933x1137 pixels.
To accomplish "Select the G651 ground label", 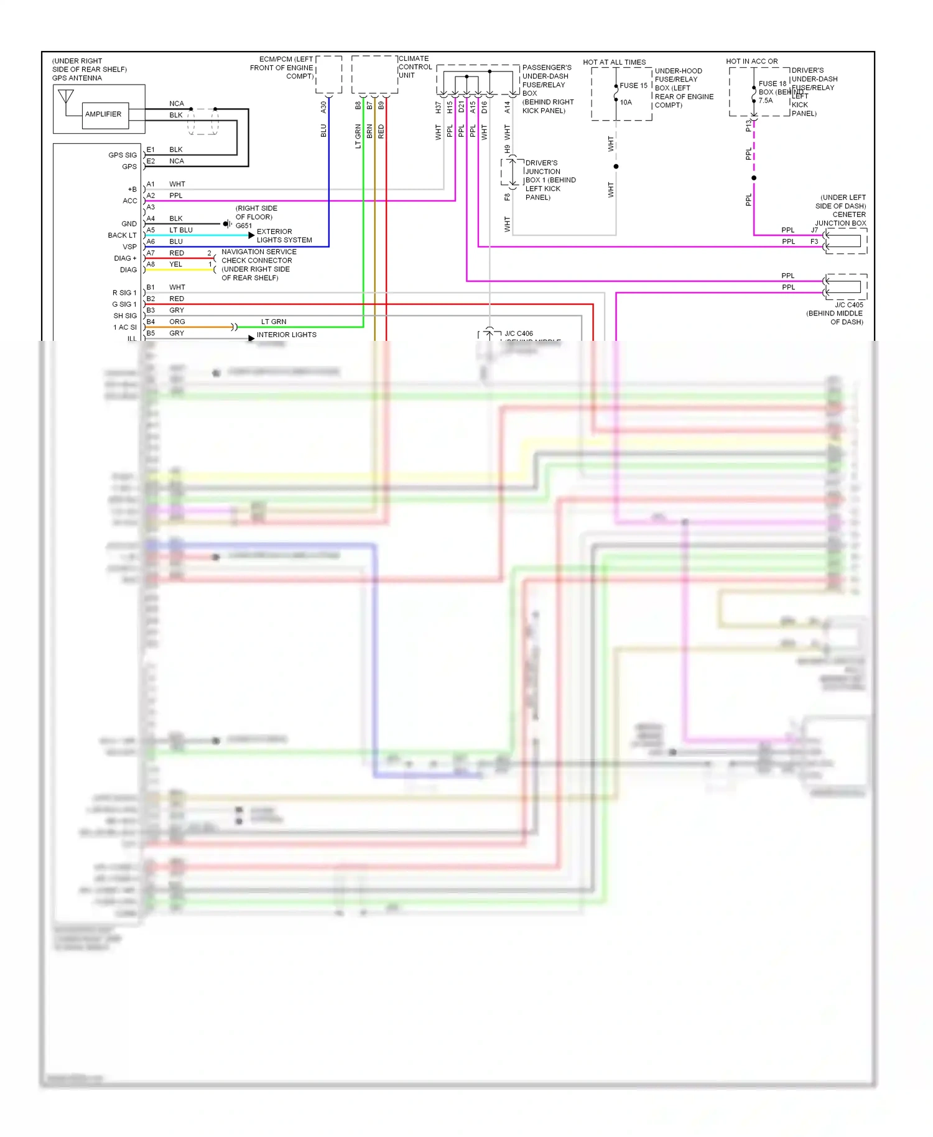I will pos(244,226).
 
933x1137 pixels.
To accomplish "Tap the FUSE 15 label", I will pos(633,86).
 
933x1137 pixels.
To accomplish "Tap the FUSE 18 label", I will pos(772,84).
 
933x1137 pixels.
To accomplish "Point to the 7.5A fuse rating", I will pos(766,101).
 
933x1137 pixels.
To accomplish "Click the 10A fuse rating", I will pos(626,103).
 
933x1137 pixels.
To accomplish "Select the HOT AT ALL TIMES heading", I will pos(614,62).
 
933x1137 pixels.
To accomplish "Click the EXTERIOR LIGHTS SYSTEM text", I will pos(284,236).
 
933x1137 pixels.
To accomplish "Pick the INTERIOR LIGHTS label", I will pos(286,335).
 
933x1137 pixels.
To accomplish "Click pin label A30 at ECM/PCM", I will pos(323,107).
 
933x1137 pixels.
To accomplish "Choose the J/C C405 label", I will pos(849,305).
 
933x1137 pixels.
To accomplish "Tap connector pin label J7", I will pos(814,230).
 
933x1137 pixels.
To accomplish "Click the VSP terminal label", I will pos(129,247).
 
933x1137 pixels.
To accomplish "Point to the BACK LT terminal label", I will pos(122,235).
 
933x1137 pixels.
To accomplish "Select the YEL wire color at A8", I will pos(176,264).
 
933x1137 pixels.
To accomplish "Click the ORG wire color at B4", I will pos(177,322).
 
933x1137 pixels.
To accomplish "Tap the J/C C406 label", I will pos(519,333).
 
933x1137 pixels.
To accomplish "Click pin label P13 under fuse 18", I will pos(748,126).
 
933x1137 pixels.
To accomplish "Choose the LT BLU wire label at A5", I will pos(181,230).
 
